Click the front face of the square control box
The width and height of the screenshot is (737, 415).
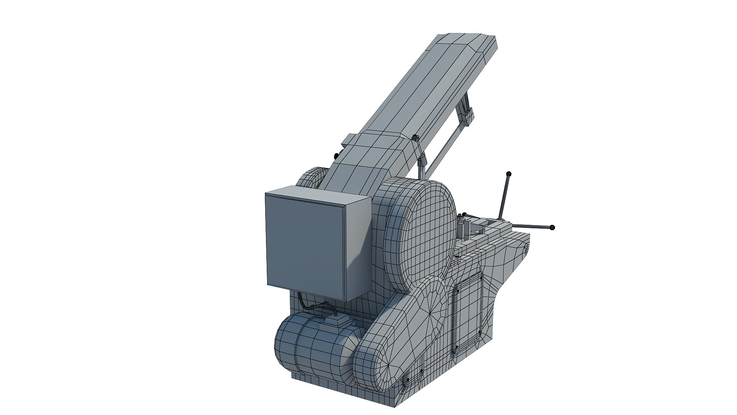click(305, 246)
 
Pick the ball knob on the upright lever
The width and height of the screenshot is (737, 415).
click(509, 174)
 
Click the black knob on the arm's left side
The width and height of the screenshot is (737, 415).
click(336, 155)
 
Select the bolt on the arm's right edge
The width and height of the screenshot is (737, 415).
click(415, 137)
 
